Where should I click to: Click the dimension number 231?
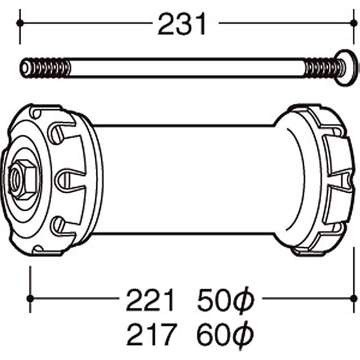point(182,24)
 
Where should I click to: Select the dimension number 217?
point(148,336)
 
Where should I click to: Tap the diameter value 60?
point(211,336)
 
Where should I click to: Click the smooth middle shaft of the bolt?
point(186,68)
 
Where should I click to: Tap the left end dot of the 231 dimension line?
point(20,23)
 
